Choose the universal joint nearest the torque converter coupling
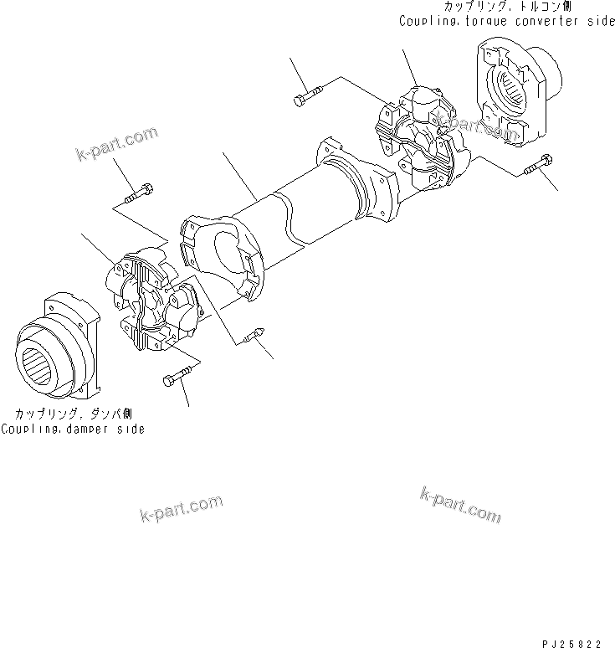(x=418, y=139)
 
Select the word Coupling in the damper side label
(x=26, y=429)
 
